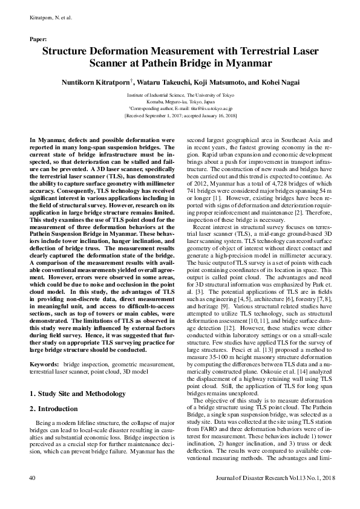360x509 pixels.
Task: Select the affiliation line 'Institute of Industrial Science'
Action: (x=180, y=96)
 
